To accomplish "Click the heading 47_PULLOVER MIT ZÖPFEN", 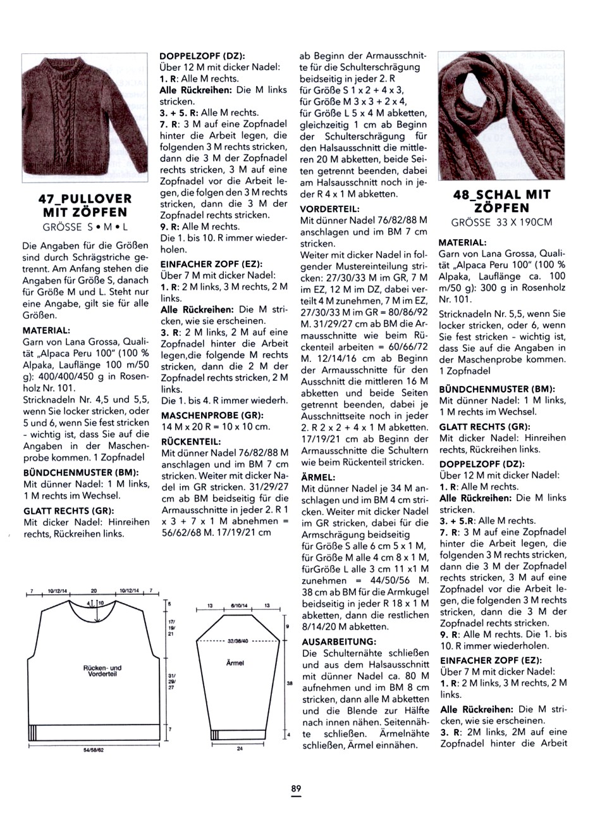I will [x=85, y=205].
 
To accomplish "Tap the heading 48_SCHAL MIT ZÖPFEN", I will [x=502, y=201].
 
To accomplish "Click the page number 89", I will [x=296, y=788].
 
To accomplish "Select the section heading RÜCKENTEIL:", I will [x=191, y=441].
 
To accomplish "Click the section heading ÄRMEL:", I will [x=319, y=477].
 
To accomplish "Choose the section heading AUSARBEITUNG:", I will [x=339, y=642].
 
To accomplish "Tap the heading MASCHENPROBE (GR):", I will [x=209, y=416].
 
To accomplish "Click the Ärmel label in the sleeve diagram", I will [x=235, y=663].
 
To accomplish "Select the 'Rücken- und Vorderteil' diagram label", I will [x=102, y=671].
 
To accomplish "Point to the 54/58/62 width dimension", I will [x=92, y=750].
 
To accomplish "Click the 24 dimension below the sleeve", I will [x=240, y=749].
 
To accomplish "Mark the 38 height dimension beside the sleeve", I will [x=288, y=684].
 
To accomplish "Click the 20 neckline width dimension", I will [x=94, y=590].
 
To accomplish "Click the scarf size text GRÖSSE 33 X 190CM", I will [x=502, y=222].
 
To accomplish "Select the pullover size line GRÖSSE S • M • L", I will [x=85, y=227].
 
